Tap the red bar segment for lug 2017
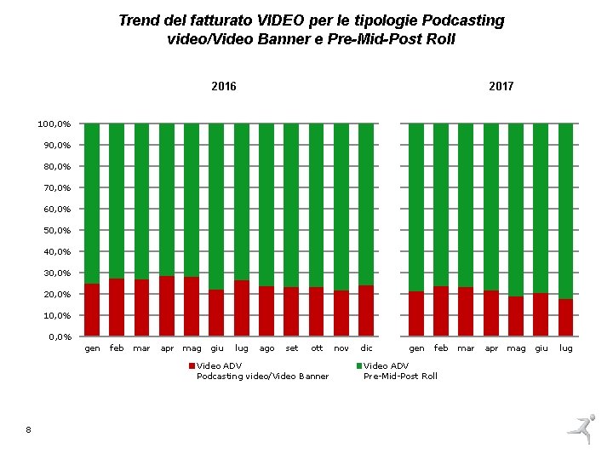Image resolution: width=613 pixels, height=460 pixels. coord(565,318)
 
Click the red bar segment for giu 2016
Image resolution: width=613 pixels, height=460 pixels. coord(216,313)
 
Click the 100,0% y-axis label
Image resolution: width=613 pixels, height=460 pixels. coord(54,124)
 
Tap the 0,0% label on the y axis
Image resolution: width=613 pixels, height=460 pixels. coord(60,337)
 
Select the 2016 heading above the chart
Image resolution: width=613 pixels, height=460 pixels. coord(224,86)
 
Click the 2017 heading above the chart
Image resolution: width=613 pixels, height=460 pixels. coord(501,86)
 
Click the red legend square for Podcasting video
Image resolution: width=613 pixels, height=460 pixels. coord(192,365)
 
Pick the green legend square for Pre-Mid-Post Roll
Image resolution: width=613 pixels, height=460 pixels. coord(358,365)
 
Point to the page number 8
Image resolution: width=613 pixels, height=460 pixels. coord(28,430)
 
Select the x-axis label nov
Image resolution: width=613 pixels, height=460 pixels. coord(341,348)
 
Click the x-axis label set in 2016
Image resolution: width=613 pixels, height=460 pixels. coord(292,348)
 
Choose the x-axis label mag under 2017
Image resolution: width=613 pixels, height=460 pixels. coord(516,348)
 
